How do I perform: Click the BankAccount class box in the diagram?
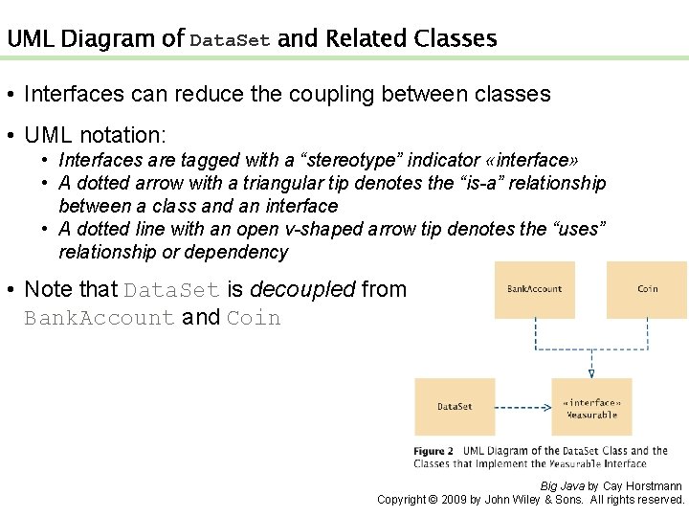[534, 289]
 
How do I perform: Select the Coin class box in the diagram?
[647, 289]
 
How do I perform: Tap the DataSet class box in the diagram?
[455, 407]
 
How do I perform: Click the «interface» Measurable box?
[591, 408]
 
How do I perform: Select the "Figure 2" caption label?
[433, 451]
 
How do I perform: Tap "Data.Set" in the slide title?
[230, 40]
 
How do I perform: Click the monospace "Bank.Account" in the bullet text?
[99, 318]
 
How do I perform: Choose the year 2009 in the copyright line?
[456, 500]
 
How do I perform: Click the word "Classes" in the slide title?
[456, 39]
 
